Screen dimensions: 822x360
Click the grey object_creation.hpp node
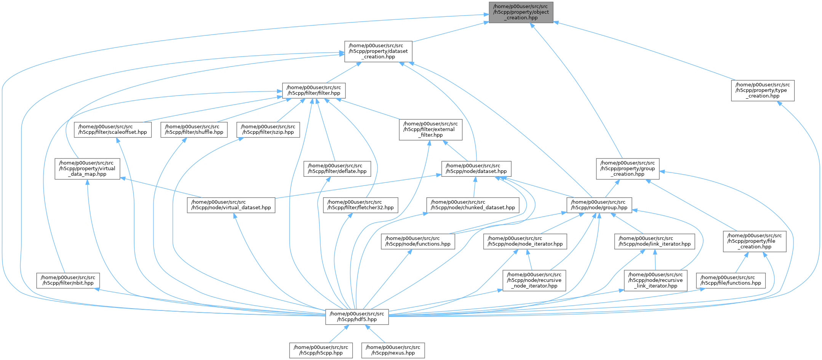(x=521, y=12)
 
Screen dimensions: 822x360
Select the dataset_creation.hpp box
(x=378, y=51)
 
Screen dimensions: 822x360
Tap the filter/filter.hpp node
(x=313, y=90)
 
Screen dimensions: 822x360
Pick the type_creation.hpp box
(x=763, y=91)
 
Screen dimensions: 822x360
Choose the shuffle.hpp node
(x=194, y=130)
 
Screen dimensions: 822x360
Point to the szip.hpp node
(x=268, y=130)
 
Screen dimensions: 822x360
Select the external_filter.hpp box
(x=430, y=130)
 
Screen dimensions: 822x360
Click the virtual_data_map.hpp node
(x=87, y=169)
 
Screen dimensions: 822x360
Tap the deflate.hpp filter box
(x=337, y=169)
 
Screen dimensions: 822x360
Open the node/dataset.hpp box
(x=476, y=169)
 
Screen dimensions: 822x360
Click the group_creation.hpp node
(x=628, y=169)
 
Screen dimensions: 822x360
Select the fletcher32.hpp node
(x=360, y=205)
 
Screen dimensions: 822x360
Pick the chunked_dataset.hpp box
(x=473, y=205)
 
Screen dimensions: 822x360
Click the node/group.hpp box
(x=599, y=205)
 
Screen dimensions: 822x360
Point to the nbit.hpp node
(x=68, y=280)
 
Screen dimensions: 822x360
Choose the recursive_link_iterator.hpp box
(x=656, y=280)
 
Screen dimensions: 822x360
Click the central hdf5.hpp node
(x=357, y=317)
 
